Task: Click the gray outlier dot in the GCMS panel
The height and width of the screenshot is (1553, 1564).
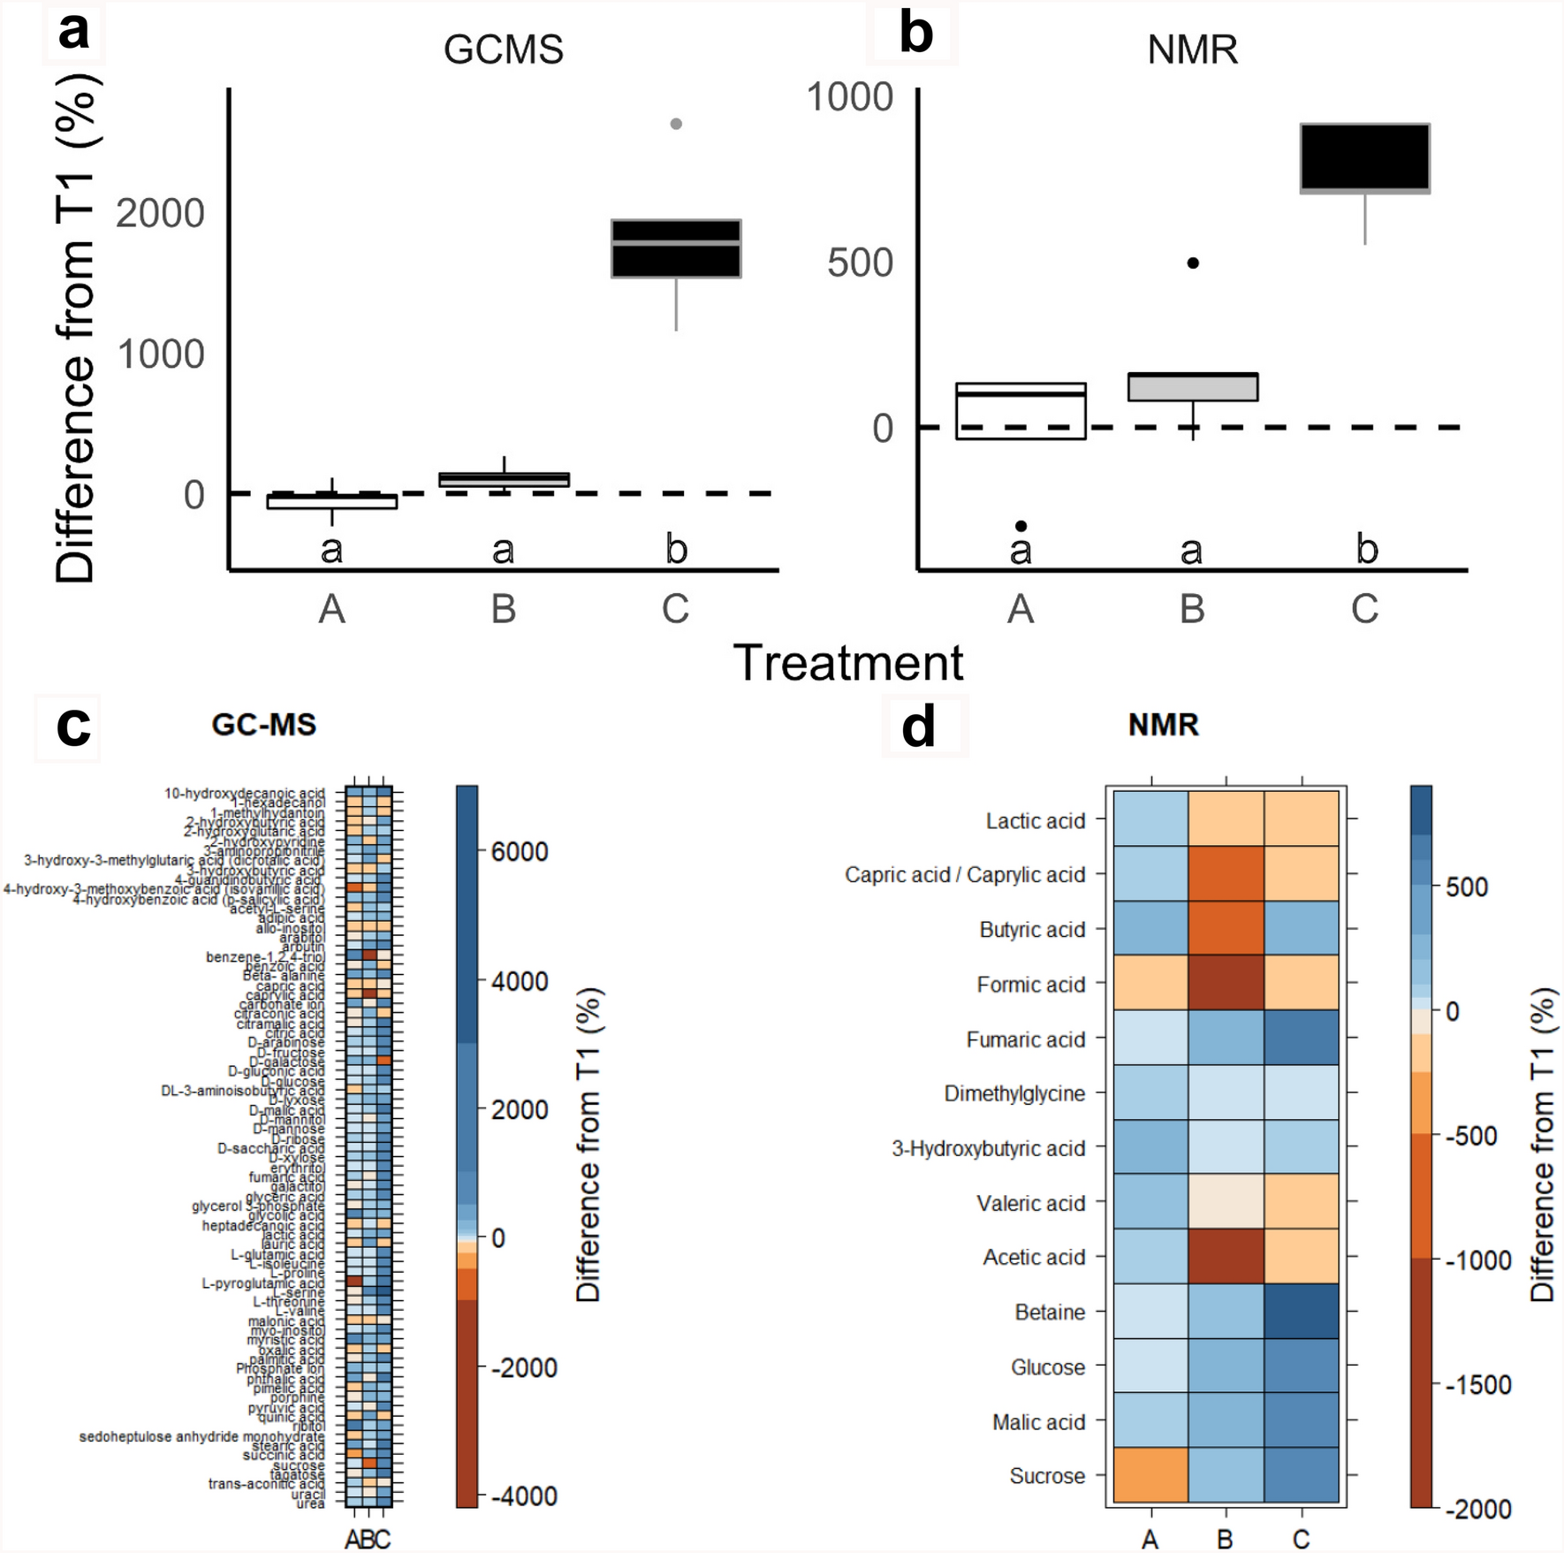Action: coord(676,124)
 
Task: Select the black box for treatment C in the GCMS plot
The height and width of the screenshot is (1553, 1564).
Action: coord(676,248)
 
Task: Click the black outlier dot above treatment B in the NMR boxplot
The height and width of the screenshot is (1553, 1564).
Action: coord(1193,263)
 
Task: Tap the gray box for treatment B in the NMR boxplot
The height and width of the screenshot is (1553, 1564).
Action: coord(1193,387)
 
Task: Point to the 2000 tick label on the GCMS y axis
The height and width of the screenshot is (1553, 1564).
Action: coord(160,213)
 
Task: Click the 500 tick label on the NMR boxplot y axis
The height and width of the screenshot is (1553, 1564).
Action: coord(860,263)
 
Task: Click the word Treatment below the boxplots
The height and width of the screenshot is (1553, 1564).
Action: coord(847,663)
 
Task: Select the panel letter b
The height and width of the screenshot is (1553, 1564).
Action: coord(915,34)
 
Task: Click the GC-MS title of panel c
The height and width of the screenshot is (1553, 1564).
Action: coord(263,725)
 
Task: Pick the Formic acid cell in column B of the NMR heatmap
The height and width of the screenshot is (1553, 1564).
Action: coord(1226,984)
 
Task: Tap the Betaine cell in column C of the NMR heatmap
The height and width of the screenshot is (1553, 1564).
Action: coord(1301,1312)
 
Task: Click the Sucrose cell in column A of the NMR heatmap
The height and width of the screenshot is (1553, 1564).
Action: coord(1150,1475)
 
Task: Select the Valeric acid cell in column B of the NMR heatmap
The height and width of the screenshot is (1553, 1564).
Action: coord(1226,1202)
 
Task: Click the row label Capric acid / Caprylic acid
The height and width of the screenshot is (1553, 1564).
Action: coord(964,875)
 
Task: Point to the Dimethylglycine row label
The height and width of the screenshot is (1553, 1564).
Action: coord(1014,1093)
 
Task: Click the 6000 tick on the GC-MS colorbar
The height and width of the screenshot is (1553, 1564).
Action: coord(520,852)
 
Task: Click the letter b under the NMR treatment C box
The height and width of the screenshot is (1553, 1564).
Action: coord(1366,550)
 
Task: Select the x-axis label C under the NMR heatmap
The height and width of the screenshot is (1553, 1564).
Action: coord(1301,1540)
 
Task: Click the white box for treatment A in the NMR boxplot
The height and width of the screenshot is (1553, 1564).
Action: coord(1021,411)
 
